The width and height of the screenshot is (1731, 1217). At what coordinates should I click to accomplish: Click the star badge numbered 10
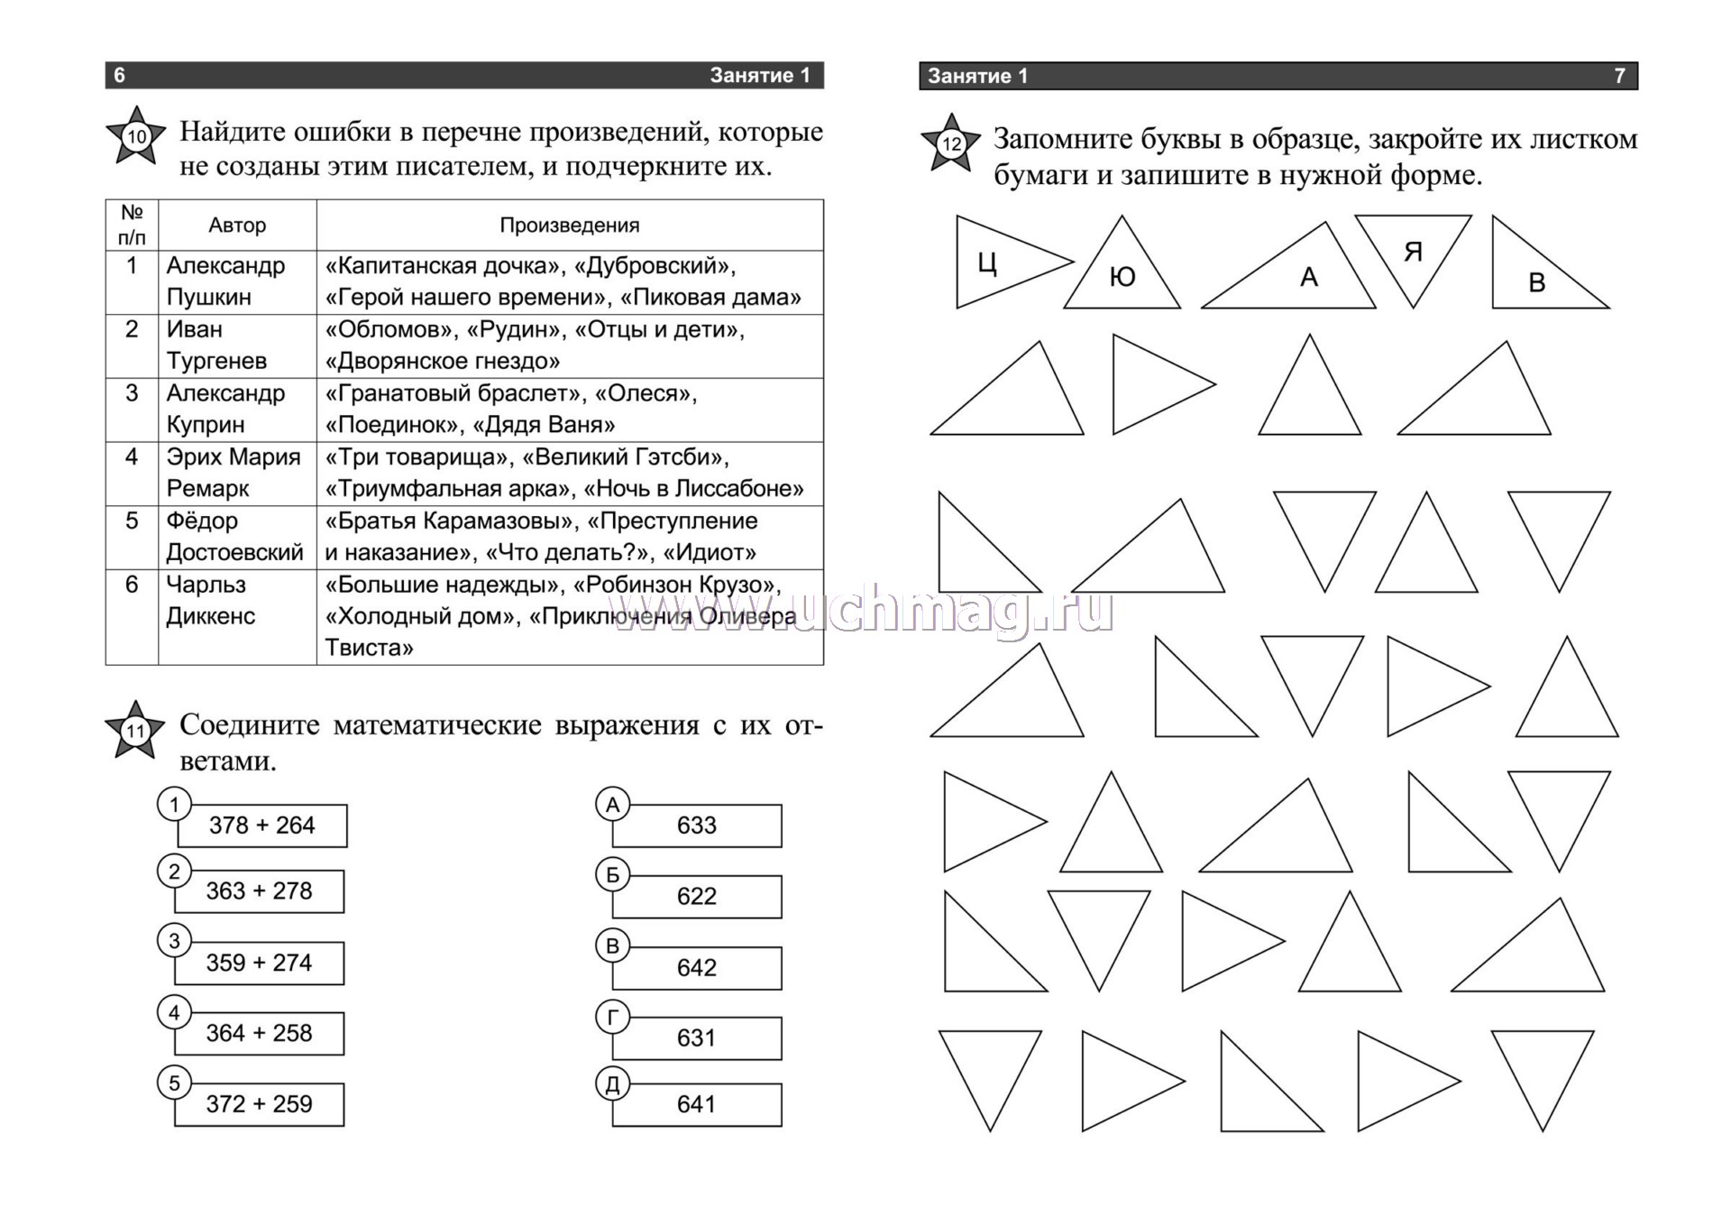click(x=136, y=136)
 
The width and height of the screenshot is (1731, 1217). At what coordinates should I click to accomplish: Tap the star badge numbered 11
click(x=135, y=730)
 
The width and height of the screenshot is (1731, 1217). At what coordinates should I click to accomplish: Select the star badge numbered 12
click(x=951, y=143)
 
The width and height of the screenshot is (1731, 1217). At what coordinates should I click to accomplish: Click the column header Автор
click(x=237, y=226)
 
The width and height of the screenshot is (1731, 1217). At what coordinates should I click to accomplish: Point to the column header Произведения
click(x=570, y=226)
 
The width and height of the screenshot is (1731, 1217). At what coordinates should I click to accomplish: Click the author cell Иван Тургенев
click(x=216, y=346)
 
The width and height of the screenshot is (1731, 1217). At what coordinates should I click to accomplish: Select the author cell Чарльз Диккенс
click(x=210, y=601)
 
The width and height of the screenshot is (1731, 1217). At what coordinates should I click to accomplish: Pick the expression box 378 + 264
click(x=262, y=825)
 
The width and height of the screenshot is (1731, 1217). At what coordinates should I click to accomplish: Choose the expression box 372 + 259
click(x=260, y=1104)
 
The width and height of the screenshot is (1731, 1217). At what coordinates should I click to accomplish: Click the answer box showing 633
click(x=697, y=825)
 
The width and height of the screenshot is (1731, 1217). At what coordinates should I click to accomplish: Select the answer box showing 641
click(x=697, y=1104)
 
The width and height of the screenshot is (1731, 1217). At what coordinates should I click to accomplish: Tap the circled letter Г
click(x=613, y=1018)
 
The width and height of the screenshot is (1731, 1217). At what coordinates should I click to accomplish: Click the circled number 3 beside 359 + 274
click(x=175, y=941)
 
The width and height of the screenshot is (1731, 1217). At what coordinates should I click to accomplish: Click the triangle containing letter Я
click(x=1413, y=251)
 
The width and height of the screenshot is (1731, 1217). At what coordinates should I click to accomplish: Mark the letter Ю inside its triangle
click(x=1122, y=277)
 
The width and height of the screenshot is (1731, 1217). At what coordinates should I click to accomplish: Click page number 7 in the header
click(x=1619, y=76)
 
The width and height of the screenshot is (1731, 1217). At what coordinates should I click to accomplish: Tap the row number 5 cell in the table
click(x=132, y=521)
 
